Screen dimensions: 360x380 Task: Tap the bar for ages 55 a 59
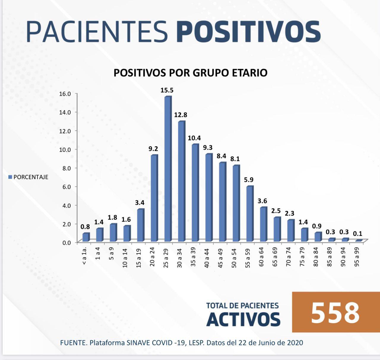pos(250,213)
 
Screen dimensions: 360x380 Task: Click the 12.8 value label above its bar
pos(180,115)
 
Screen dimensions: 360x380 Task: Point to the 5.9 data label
pos(248,180)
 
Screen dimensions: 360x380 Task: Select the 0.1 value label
pos(357,234)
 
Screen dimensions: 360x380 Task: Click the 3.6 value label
pos(262,201)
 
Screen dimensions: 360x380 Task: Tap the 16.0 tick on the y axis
pos(65,94)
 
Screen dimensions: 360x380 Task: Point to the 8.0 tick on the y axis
pos(65,168)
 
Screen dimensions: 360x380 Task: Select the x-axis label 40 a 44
pos(207,257)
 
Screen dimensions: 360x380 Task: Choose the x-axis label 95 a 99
pos(357,257)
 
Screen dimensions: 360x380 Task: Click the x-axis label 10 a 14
pos(125,257)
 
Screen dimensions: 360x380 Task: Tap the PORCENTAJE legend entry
pos(28,177)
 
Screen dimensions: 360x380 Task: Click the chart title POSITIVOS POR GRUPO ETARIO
pos(190,73)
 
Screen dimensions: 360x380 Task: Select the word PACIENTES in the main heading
pos(97,31)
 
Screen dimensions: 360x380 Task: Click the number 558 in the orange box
pos(335,313)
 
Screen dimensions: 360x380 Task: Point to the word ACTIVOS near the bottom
pos(243,319)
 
